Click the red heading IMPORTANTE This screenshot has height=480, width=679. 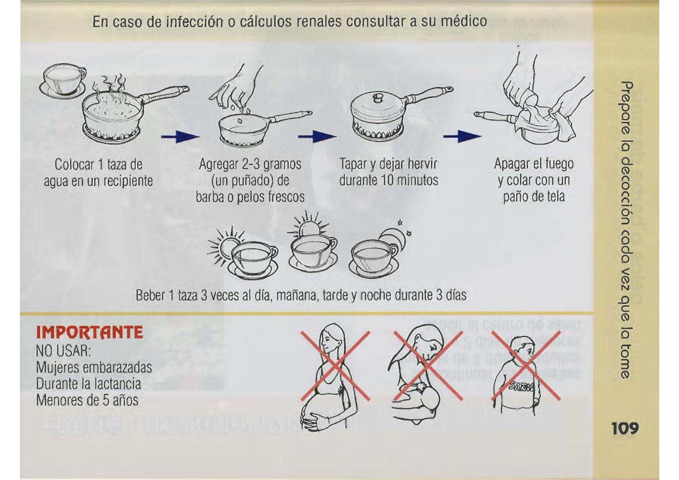tap(89, 332)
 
